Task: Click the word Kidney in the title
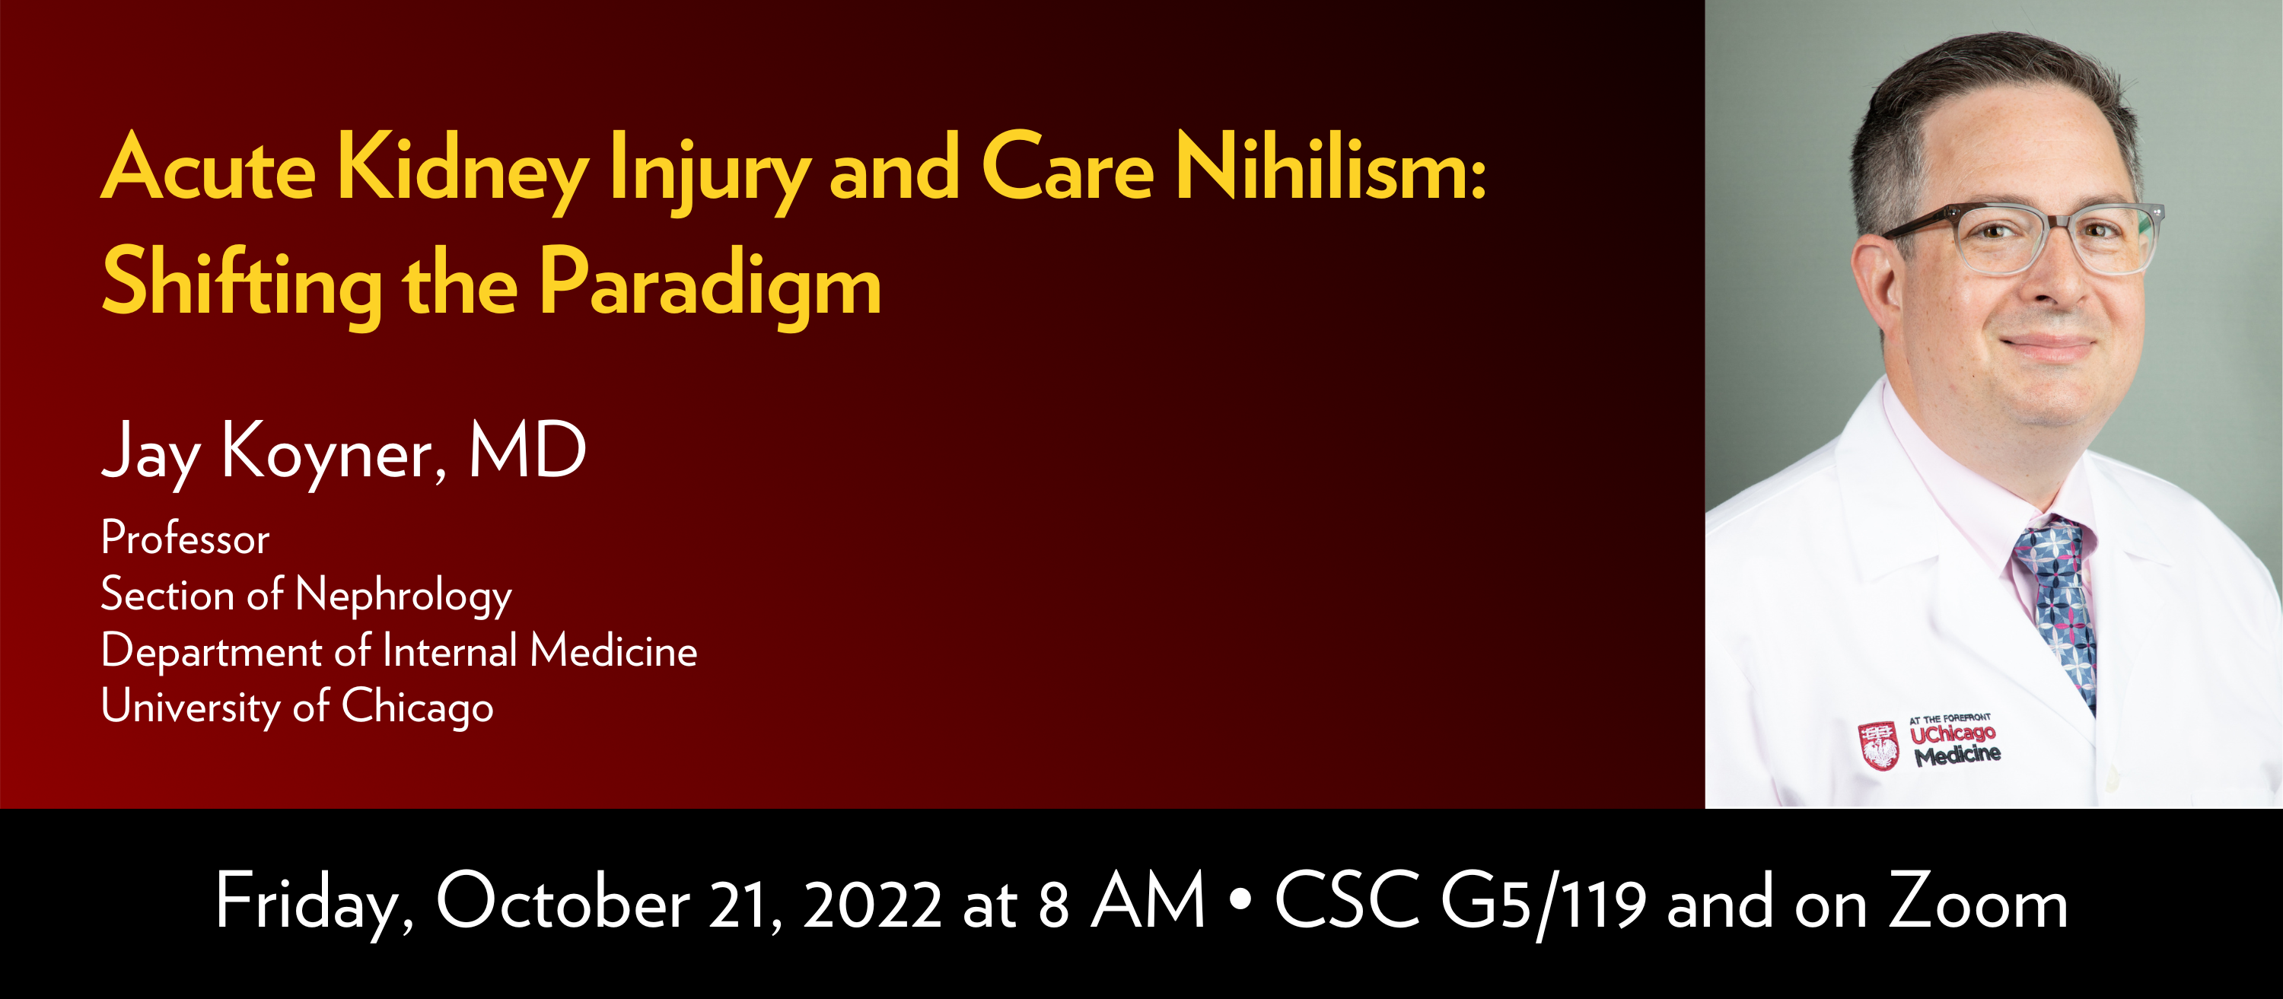pos(462,168)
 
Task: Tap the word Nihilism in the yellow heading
pos(1329,168)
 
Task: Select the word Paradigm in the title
pos(710,284)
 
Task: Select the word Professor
pos(185,538)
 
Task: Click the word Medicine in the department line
pos(613,651)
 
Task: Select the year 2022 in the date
pos(872,904)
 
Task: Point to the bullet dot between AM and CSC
pos(1240,901)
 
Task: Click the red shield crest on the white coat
pos(1878,746)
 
